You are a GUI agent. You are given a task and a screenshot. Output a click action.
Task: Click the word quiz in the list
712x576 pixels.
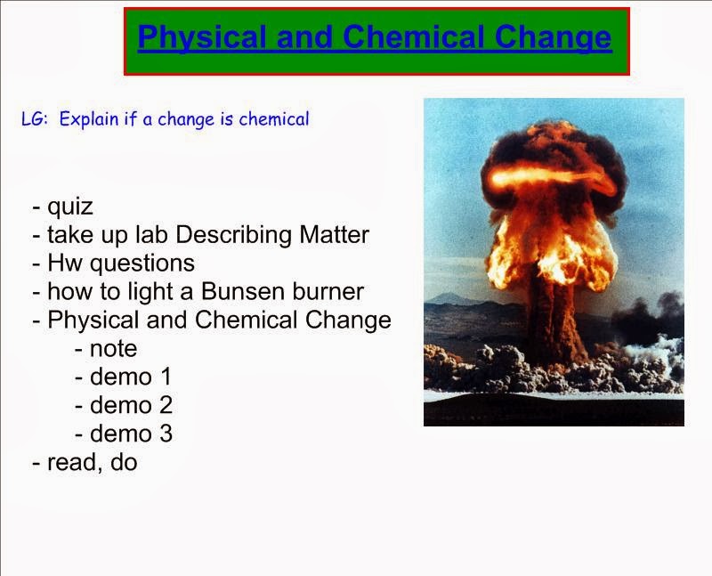pos(70,207)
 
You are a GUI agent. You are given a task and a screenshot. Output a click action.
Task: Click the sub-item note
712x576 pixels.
pos(113,348)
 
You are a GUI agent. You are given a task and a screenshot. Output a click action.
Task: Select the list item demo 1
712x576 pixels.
pos(124,377)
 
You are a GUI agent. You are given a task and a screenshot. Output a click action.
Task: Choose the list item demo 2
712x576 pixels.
pos(124,405)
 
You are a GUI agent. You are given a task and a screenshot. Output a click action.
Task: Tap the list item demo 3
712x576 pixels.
pos(124,434)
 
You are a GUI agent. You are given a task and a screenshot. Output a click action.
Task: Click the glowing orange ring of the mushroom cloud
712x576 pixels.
pos(552,178)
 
